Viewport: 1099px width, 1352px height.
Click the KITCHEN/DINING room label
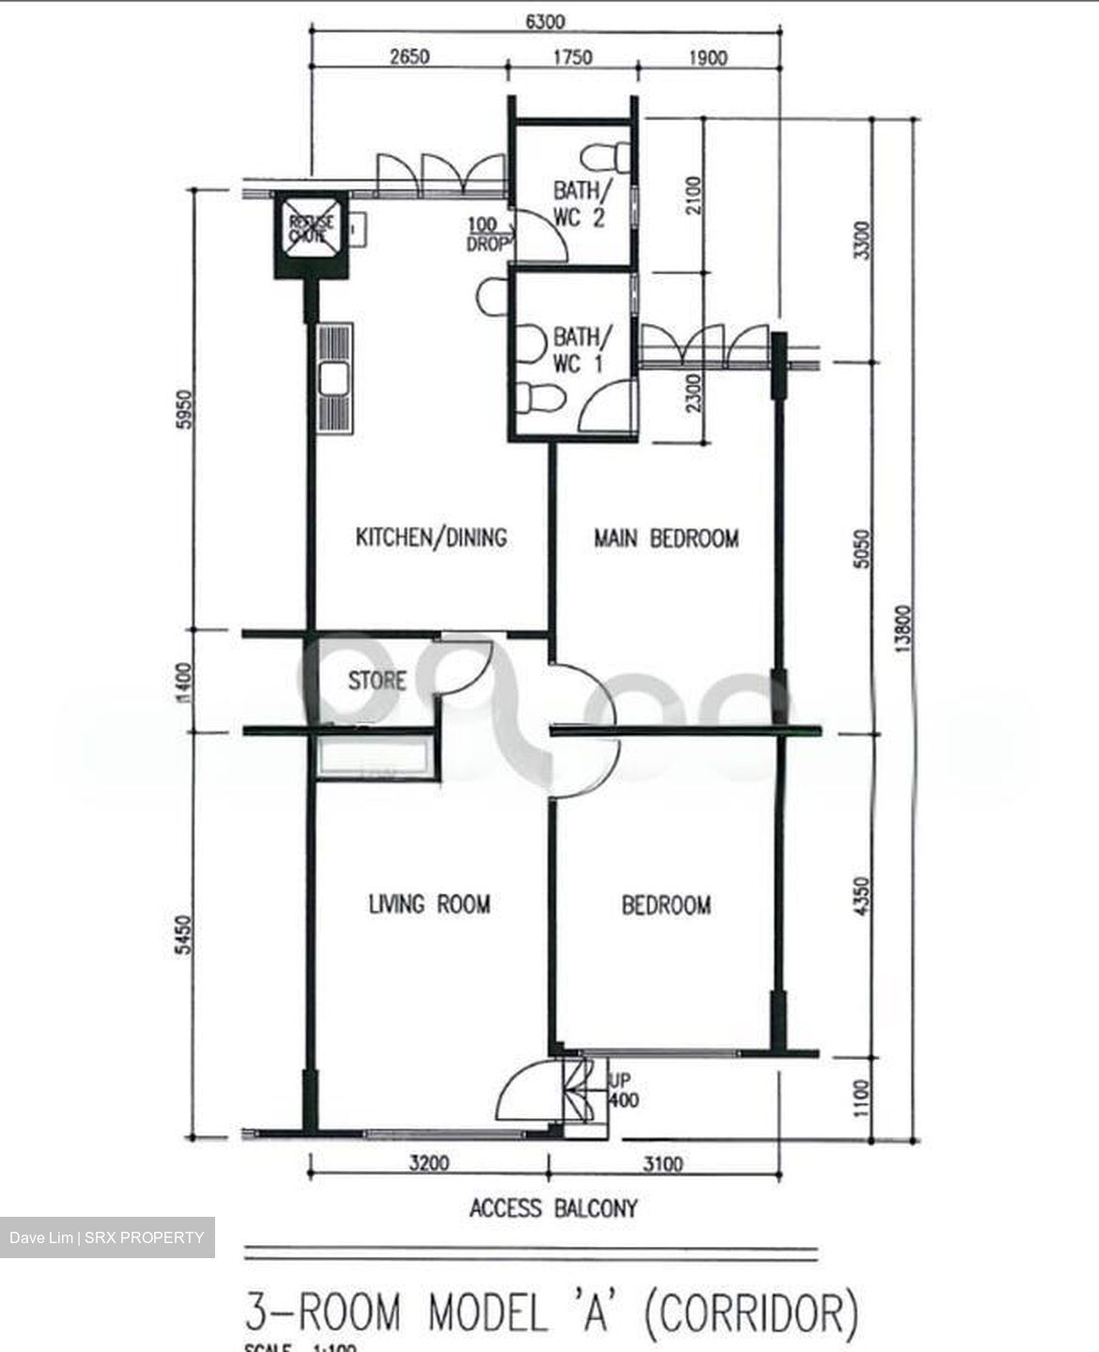431,538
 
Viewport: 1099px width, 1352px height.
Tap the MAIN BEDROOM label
666,539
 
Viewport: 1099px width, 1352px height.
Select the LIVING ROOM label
428,904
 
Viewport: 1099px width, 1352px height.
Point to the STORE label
377,681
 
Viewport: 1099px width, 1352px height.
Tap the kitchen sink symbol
335,379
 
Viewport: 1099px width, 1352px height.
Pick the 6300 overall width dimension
545,23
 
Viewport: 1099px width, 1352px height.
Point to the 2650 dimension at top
409,57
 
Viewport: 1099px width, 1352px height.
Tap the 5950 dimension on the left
184,409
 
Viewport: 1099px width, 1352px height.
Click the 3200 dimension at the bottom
428,1164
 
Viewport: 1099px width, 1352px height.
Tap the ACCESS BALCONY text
553,1208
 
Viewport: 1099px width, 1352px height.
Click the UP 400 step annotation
623,1091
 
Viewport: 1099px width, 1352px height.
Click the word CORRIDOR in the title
751,1314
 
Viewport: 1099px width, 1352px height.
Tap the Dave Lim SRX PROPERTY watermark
106,1237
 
